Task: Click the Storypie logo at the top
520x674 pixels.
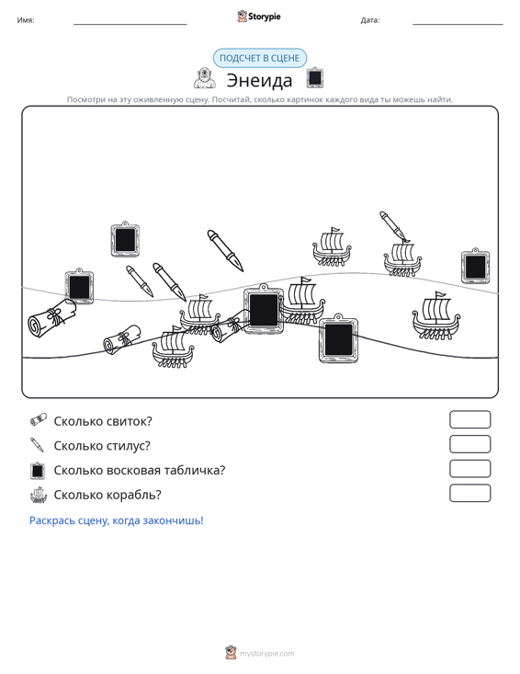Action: (x=259, y=17)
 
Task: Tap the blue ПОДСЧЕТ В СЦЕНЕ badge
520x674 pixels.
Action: (x=260, y=58)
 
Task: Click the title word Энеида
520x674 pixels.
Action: (x=259, y=80)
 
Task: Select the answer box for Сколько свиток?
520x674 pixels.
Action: (x=469, y=419)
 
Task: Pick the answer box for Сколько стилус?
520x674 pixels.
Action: (x=469, y=444)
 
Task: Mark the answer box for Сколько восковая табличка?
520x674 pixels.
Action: (x=469, y=469)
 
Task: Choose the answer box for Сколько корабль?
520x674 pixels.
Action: (x=469, y=493)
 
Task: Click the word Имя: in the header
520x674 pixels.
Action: (x=26, y=20)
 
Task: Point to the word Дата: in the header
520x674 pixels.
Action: (x=370, y=20)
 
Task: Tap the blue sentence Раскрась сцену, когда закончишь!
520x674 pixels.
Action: (x=117, y=520)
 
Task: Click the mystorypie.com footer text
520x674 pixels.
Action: (x=267, y=654)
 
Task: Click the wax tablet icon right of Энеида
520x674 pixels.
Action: (x=315, y=78)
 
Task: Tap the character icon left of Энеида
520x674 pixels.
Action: (x=204, y=78)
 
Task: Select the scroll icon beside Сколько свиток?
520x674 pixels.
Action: (x=39, y=420)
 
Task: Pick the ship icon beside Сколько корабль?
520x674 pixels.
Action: (x=39, y=495)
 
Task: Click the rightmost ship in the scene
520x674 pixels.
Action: (x=435, y=316)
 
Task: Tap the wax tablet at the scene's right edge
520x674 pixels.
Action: (x=475, y=266)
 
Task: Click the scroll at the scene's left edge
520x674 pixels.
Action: (x=51, y=317)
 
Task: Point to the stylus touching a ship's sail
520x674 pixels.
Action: (x=394, y=226)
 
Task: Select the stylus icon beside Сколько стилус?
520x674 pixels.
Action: (x=37, y=445)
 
